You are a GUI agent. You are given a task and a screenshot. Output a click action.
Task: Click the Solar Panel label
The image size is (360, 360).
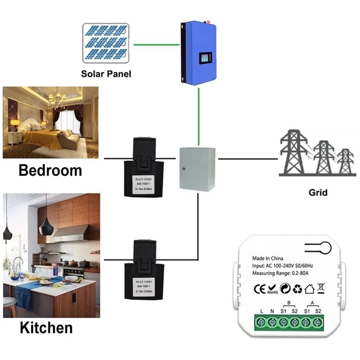(106, 73)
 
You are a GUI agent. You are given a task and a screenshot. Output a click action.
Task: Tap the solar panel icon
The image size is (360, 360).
(107, 44)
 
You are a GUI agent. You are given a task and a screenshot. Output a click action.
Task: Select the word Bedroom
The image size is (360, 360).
(50, 171)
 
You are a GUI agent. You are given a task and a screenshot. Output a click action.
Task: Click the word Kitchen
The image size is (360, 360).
(46, 327)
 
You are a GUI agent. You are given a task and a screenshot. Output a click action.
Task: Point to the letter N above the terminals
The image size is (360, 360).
(273, 311)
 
